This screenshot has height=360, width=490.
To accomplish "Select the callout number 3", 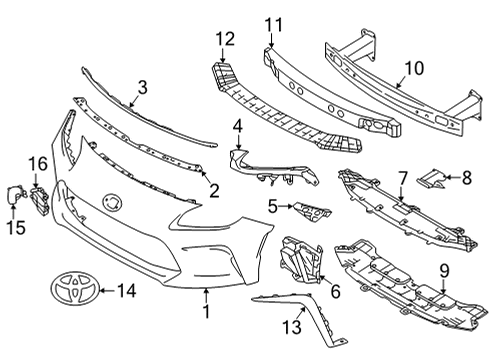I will click(x=143, y=87).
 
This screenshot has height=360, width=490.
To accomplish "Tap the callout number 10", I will click(x=413, y=70).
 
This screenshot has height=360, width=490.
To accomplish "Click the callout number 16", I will click(x=37, y=163).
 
